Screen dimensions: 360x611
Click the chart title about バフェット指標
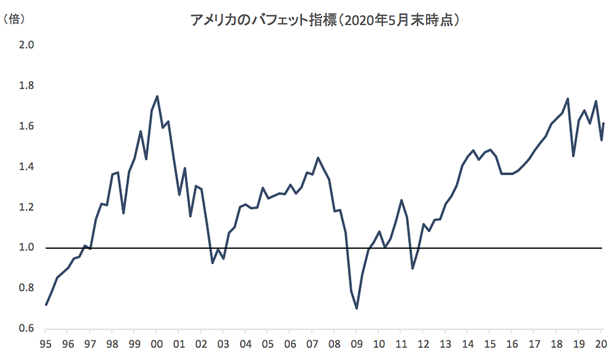click(326, 20)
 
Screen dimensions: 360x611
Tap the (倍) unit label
click(14, 19)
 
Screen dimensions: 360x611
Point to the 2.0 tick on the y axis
click(26, 45)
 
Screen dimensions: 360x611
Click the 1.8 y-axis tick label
click(26, 86)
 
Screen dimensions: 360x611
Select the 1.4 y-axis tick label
click(26, 167)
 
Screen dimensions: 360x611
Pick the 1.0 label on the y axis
click(26, 248)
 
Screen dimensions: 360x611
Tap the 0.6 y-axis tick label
click(26, 329)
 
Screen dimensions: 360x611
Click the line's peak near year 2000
click(157, 96)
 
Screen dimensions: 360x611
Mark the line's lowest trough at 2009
click(356, 308)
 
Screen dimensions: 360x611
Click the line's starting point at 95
click(46, 304)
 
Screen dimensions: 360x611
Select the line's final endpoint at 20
click(603, 123)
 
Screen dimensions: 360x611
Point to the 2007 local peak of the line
click(318, 158)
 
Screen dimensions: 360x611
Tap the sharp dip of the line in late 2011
click(412, 268)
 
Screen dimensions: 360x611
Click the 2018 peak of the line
click(568, 99)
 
